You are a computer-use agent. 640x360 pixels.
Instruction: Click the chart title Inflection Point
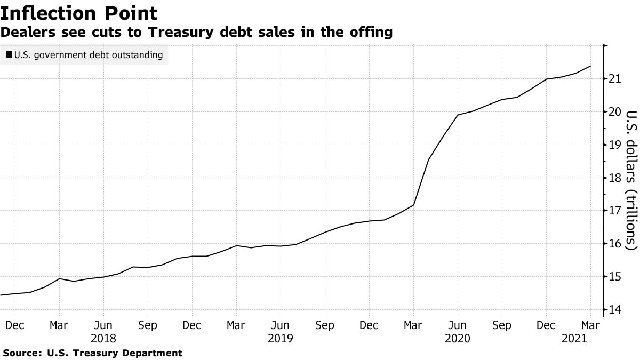79,13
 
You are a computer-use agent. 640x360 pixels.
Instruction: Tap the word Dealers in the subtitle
26,33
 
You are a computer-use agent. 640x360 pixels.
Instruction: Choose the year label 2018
103,338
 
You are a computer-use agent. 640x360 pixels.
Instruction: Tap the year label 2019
281,338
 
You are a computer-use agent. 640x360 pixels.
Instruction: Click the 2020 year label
458,338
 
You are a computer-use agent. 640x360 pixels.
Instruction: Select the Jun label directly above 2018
103,325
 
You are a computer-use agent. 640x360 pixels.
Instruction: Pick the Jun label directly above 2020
458,325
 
